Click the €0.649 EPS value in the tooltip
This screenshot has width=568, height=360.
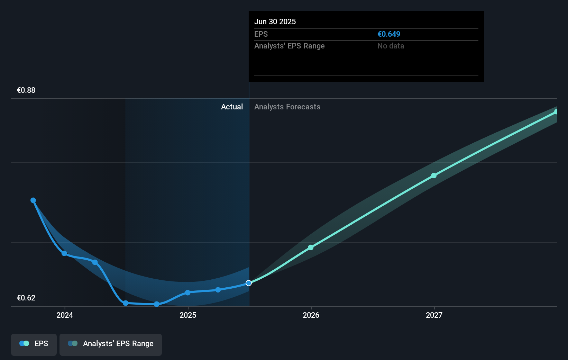click(x=388, y=34)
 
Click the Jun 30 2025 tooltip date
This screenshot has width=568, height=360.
click(x=275, y=22)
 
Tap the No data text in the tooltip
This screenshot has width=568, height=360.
click(x=391, y=46)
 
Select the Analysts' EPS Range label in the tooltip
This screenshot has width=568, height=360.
click(x=289, y=46)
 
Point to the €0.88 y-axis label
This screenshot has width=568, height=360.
click(x=26, y=90)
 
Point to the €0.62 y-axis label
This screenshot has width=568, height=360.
click(x=26, y=298)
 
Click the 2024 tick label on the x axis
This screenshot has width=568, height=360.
click(x=65, y=315)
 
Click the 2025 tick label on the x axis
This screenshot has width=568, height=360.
click(x=188, y=315)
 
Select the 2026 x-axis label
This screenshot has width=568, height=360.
click(x=311, y=315)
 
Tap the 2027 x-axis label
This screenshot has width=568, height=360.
click(x=434, y=315)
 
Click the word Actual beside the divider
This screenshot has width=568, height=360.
click(x=232, y=107)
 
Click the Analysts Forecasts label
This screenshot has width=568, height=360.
click(x=287, y=107)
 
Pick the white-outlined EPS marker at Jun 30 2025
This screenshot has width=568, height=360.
click(x=249, y=283)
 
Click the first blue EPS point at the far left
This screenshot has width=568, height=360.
click(x=33, y=200)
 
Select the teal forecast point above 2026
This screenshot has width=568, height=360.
click(x=311, y=247)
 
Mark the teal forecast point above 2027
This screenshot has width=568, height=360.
click(x=434, y=175)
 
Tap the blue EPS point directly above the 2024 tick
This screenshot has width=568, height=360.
click(x=64, y=253)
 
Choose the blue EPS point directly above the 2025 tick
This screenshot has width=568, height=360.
click(x=187, y=293)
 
